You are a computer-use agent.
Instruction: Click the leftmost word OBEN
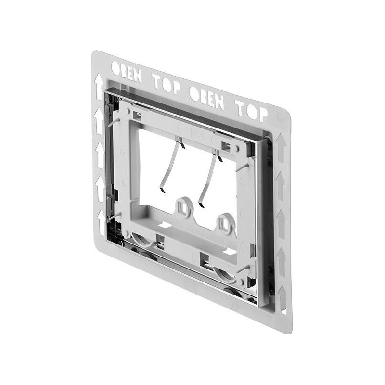[127, 72]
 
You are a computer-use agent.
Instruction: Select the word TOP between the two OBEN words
[167, 84]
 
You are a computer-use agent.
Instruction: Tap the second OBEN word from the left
[206, 97]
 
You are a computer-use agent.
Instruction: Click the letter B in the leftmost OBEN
[124, 71]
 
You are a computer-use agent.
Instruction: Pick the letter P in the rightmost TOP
[262, 115]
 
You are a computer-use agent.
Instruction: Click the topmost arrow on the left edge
[99, 87]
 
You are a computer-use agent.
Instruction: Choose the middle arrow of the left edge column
[100, 155]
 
